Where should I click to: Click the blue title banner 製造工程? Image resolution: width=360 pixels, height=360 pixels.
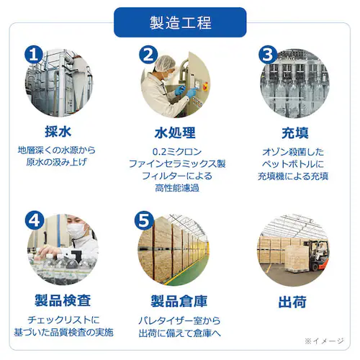[x=179, y=22]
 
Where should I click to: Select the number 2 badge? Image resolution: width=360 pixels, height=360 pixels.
[x=148, y=54]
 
